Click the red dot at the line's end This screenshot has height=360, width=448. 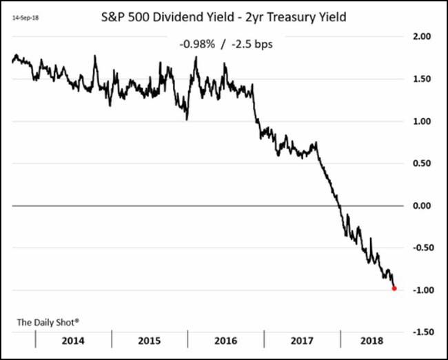tap(394, 288)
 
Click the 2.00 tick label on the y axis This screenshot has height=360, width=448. tap(422, 37)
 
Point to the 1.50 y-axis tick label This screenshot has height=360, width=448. tap(422, 79)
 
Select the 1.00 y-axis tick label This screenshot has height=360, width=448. tap(422, 121)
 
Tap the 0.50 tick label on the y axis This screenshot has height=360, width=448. tap(422, 163)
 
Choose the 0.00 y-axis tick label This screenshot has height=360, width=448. tap(422, 206)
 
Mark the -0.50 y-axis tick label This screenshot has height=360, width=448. tap(420, 248)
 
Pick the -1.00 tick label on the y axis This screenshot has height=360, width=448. tap(420, 290)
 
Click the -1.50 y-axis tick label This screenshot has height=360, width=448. tap(420, 332)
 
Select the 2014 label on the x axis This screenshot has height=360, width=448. tap(73, 341)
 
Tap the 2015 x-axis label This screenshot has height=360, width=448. tap(150, 341)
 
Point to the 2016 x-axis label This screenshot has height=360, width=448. tap(227, 341)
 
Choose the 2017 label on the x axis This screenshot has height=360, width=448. tap(303, 341)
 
